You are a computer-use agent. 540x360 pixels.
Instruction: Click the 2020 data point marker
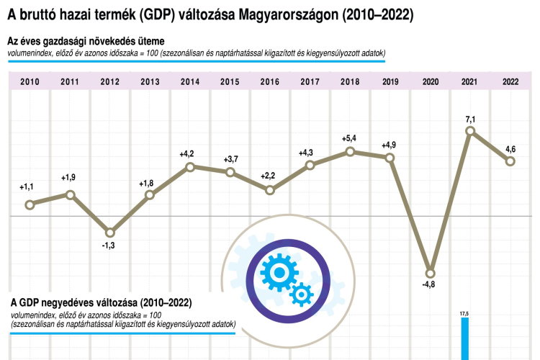click(431, 273)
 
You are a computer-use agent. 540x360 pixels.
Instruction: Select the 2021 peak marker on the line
click(470, 131)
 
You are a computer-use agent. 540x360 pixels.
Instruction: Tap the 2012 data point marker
click(109, 233)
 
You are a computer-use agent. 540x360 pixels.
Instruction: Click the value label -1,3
click(109, 246)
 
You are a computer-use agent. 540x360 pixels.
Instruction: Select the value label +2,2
click(269, 175)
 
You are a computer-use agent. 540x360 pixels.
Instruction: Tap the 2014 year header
click(190, 81)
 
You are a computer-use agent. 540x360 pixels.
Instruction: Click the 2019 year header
click(390, 81)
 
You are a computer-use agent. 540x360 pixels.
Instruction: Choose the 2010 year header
click(30, 81)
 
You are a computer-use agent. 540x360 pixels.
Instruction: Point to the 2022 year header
click(510, 81)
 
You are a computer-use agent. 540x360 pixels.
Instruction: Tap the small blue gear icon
click(301, 293)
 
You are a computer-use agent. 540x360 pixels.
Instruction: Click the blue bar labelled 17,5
click(464, 338)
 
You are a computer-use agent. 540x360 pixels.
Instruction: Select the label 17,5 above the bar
click(464, 313)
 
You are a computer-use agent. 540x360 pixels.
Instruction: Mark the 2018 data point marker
click(350, 151)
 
